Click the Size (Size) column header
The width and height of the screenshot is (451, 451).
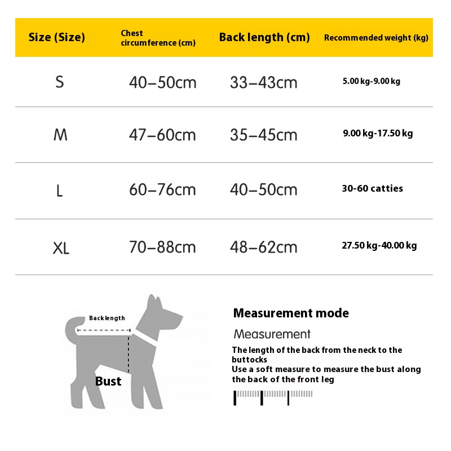coord(56,38)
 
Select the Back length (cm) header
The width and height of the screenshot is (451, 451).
coord(264,38)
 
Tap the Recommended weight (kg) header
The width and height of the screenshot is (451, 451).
coord(376,38)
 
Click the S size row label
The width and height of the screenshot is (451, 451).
coord(60,82)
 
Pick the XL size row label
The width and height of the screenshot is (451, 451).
coord(61,247)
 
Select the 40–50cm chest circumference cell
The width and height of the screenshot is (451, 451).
coord(162,83)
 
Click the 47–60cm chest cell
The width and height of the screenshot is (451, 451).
coord(162,135)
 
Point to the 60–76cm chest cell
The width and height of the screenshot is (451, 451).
coord(162,190)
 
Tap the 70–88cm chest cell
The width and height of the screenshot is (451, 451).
coord(162,247)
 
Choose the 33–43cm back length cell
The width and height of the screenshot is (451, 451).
coord(263,83)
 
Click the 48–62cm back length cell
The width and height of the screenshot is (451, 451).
coord(263,247)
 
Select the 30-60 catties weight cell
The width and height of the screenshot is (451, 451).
coord(372,189)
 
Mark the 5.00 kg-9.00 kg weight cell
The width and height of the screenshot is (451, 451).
coord(371,81)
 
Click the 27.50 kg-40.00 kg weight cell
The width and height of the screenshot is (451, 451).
coord(379,246)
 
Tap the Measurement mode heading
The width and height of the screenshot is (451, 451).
coord(291,313)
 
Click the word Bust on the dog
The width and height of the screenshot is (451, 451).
coord(108,382)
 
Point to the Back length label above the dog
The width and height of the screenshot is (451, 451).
coord(107,319)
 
